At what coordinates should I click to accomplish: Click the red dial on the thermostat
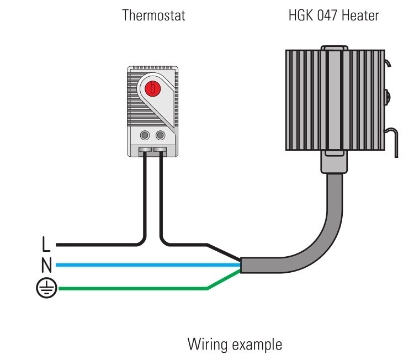[x=152, y=88]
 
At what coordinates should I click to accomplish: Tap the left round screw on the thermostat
[x=145, y=135]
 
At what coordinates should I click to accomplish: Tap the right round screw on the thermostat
[x=160, y=135]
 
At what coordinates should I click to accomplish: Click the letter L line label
[x=46, y=244]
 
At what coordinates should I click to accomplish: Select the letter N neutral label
[x=46, y=265]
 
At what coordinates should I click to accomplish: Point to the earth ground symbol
[x=46, y=288]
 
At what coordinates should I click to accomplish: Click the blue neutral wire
[x=148, y=265]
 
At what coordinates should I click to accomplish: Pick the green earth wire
[x=148, y=288]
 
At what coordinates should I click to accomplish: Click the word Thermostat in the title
[x=153, y=15]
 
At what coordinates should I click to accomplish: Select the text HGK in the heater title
[x=301, y=15]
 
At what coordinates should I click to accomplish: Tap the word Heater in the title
[x=360, y=15]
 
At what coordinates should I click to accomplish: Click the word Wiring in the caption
[x=208, y=345]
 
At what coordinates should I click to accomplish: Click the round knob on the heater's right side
[x=388, y=97]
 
